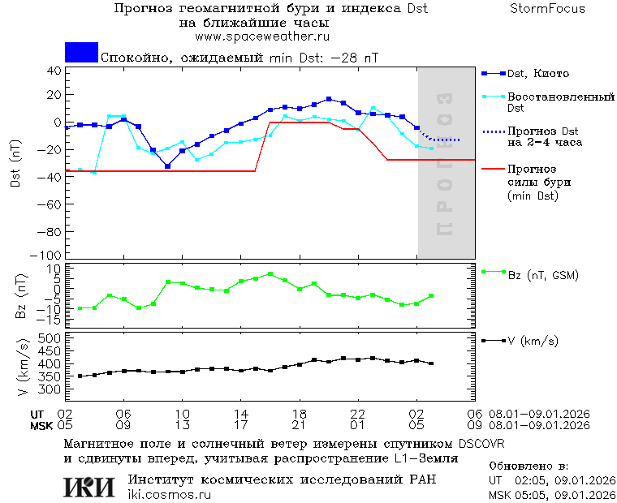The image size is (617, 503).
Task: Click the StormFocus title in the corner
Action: [x=548, y=9]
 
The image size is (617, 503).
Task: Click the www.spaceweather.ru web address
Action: [x=262, y=37]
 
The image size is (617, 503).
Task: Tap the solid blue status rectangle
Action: [x=81, y=53]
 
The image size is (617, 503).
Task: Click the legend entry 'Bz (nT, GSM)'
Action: [x=543, y=276]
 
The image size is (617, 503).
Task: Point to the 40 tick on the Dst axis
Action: [x=54, y=70]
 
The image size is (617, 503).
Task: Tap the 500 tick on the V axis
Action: [x=51, y=337]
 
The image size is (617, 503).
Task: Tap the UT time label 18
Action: [x=300, y=413]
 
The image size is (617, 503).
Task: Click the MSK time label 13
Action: [x=183, y=424]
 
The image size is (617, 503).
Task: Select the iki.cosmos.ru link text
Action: [x=169, y=495]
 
